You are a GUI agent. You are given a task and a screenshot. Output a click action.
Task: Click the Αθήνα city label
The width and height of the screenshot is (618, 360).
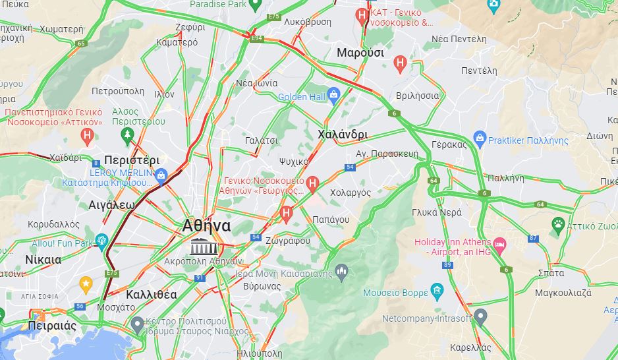click(206, 225)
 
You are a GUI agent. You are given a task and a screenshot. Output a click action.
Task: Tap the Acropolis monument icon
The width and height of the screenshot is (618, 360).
click(203, 248)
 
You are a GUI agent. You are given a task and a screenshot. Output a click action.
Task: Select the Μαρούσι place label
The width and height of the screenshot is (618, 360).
click(360, 53)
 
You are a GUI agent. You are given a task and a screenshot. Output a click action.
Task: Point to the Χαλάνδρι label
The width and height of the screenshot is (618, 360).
click(342, 135)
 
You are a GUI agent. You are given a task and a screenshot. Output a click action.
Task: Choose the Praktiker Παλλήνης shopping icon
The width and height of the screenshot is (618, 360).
click(479, 140)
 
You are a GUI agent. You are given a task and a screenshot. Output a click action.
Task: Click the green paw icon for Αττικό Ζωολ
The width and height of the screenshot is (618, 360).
click(558, 224)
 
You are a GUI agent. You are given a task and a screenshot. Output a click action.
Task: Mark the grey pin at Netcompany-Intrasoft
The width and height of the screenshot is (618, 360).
click(480, 317)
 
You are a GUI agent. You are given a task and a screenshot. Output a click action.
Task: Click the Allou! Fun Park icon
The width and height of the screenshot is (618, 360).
click(101, 241)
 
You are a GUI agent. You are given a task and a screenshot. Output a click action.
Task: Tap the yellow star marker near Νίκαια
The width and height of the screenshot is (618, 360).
click(85, 284)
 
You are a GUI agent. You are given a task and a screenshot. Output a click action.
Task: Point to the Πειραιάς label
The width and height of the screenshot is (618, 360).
click(52, 326)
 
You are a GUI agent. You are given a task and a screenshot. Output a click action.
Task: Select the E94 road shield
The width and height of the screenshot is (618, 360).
click(257, 39)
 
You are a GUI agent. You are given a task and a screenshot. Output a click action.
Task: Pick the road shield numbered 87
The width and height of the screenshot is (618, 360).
click(533, 238)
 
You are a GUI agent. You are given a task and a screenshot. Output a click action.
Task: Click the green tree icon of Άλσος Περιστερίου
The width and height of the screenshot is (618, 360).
click(127, 135)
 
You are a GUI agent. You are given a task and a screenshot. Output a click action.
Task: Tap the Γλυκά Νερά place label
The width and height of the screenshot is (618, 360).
click(436, 212)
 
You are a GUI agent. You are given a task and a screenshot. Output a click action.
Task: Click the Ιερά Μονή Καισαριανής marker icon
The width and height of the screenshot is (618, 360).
click(341, 270)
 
